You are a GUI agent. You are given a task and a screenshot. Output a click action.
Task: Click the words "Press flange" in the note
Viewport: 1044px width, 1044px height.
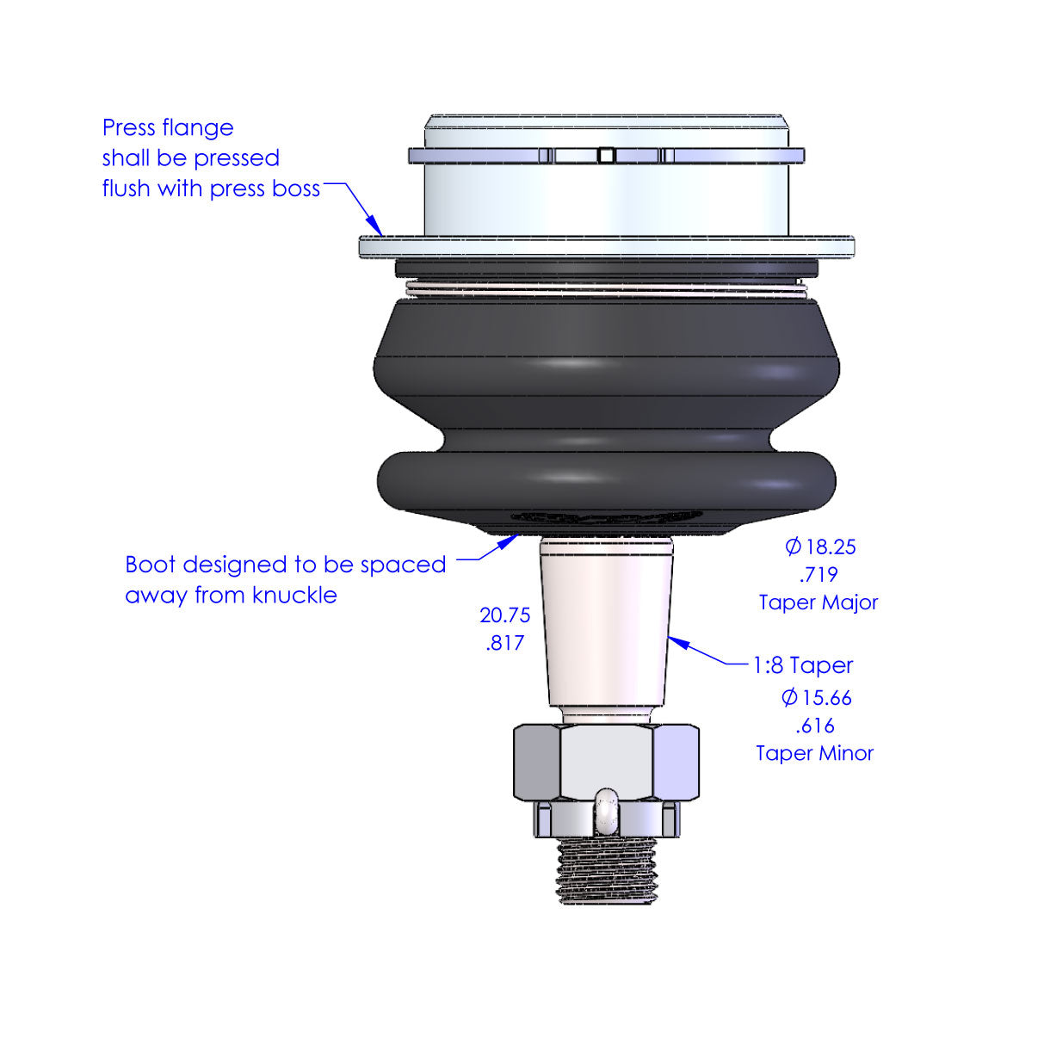[168, 128]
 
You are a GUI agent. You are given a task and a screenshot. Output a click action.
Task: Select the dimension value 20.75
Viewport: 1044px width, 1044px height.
[505, 615]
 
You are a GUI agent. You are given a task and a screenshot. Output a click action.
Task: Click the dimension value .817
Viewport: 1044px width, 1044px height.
[505, 643]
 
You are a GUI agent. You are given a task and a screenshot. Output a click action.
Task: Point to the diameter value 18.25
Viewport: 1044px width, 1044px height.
[821, 547]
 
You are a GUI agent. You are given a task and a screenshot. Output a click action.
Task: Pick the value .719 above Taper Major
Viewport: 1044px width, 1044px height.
[819, 575]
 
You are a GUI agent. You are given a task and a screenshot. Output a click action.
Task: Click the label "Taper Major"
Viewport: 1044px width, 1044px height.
[819, 602]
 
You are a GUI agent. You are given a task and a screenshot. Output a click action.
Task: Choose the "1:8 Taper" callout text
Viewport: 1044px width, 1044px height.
[803, 665]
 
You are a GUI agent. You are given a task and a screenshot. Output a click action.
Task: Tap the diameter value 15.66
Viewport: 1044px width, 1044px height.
[817, 698]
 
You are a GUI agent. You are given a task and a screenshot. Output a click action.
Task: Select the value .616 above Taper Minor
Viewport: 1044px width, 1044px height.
[815, 726]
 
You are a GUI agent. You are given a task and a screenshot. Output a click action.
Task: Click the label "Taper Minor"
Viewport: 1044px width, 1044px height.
[815, 753]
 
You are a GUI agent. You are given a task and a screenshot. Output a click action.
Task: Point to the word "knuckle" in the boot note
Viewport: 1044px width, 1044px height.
[294, 596]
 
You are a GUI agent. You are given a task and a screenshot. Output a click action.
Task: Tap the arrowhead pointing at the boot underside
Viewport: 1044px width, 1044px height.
[509, 540]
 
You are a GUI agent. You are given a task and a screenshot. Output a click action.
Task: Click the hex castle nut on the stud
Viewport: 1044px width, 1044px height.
[606, 763]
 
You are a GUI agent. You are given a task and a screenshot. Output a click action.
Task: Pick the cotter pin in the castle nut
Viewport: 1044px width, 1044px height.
[606, 812]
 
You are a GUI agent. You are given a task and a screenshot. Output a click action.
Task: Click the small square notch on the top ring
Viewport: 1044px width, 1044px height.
[606, 155]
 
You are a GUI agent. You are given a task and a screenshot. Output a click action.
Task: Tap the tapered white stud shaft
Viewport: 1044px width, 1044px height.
[606, 624]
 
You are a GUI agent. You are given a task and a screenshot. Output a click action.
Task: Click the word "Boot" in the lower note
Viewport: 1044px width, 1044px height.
[150, 565]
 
